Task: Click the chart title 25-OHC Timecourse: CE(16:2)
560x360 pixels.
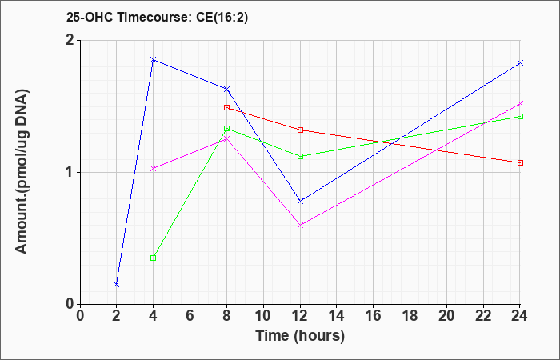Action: pyautogui.click(x=157, y=17)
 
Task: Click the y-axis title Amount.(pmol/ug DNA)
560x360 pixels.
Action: pyautogui.click(x=22, y=172)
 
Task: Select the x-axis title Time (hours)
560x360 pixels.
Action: pyautogui.click(x=300, y=336)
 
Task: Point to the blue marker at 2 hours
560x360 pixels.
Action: pyautogui.click(x=117, y=284)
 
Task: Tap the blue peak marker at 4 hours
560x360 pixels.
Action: pyautogui.click(x=154, y=60)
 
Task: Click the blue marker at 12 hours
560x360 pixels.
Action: pyautogui.click(x=300, y=202)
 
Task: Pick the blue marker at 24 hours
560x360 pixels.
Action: pyautogui.click(x=520, y=63)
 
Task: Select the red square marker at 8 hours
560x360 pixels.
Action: pyautogui.click(x=226, y=107)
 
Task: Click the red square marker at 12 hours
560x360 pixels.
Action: pyautogui.click(x=300, y=130)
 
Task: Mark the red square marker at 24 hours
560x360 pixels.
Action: pyautogui.click(x=520, y=163)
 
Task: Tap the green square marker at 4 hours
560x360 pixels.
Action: pyautogui.click(x=154, y=258)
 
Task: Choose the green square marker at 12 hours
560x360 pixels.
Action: pyautogui.click(x=300, y=157)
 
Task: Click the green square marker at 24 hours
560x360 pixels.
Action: pyautogui.click(x=520, y=117)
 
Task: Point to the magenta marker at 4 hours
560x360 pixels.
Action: pyautogui.click(x=154, y=169)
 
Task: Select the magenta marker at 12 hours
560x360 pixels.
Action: pyautogui.click(x=300, y=226)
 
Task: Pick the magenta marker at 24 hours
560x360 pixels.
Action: pyautogui.click(x=520, y=103)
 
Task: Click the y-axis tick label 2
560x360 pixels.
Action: pyautogui.click(x=71, y=40)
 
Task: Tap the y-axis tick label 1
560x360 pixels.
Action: pyautogui.click(x=71, y=173)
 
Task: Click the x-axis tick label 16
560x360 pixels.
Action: pyautogui.click(x=373, y=316)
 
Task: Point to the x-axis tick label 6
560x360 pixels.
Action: pyautogui.click(x=190, y=316)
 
